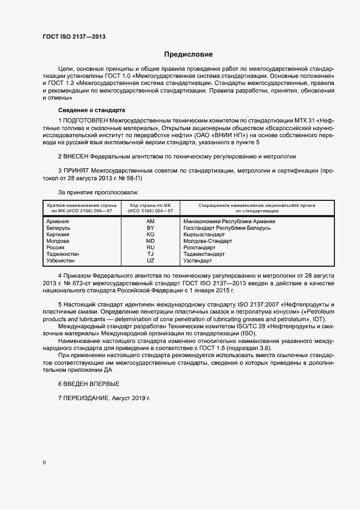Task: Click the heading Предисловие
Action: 188,54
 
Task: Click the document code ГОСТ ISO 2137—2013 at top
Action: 74,37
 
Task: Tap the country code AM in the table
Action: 150,222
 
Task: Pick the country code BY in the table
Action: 150,228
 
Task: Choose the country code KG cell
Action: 150,234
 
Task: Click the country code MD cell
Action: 150,241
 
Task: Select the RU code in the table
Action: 150,247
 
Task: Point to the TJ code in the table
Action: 150,254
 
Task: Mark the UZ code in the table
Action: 150,260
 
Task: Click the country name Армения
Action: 58,222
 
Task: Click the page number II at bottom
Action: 44,463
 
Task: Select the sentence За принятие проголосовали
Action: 98,192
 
